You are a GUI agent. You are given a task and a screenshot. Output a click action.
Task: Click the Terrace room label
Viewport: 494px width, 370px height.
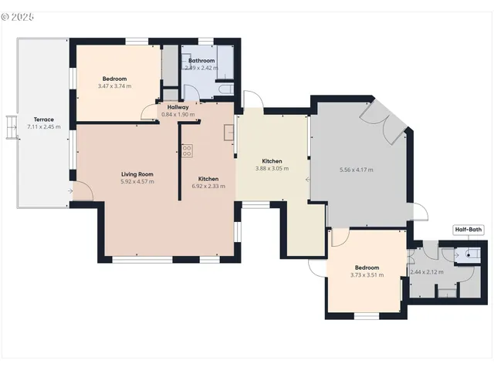click(43, 119)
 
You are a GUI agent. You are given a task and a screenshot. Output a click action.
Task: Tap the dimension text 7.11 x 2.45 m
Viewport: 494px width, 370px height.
click(43, 126)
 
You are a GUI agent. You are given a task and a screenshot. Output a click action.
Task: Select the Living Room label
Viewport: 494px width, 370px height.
click(137, 174)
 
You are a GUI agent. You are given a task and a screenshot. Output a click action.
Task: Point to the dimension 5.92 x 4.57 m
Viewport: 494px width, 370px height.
click(137, 182)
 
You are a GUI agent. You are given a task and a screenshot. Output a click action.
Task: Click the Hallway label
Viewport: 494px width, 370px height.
click(178, 107)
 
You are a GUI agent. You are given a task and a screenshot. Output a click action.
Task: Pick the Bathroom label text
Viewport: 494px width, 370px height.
click(201, 60)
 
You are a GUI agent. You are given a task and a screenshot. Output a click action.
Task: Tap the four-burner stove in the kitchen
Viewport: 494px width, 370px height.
click(187, 151)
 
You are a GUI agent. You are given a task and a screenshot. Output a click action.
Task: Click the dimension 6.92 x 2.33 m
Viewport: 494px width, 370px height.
click(208, 186)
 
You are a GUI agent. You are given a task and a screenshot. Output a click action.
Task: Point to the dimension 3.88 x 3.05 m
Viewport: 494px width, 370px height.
click(272, 168)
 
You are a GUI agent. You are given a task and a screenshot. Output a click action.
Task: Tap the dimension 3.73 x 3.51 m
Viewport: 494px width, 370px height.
click(367, 275)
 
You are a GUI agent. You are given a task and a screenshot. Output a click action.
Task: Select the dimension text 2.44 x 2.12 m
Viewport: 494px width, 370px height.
click(427, 272)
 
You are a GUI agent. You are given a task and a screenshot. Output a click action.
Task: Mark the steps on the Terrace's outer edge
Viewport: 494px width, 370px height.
click(11, 127)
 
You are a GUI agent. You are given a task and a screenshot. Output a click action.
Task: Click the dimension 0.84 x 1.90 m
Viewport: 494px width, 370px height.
click(178, 115)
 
